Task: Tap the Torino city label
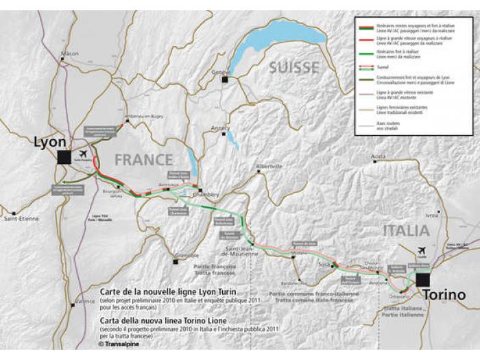pos(444,295)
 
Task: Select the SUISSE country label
pos(294,67)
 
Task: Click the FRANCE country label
pos(143,160)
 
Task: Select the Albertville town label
pos(268,167)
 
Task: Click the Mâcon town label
pos(70,53)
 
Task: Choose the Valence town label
pos(85,301)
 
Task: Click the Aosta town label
pos(378,157)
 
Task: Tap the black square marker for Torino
pos(422,279)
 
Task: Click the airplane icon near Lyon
pos(84,154)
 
